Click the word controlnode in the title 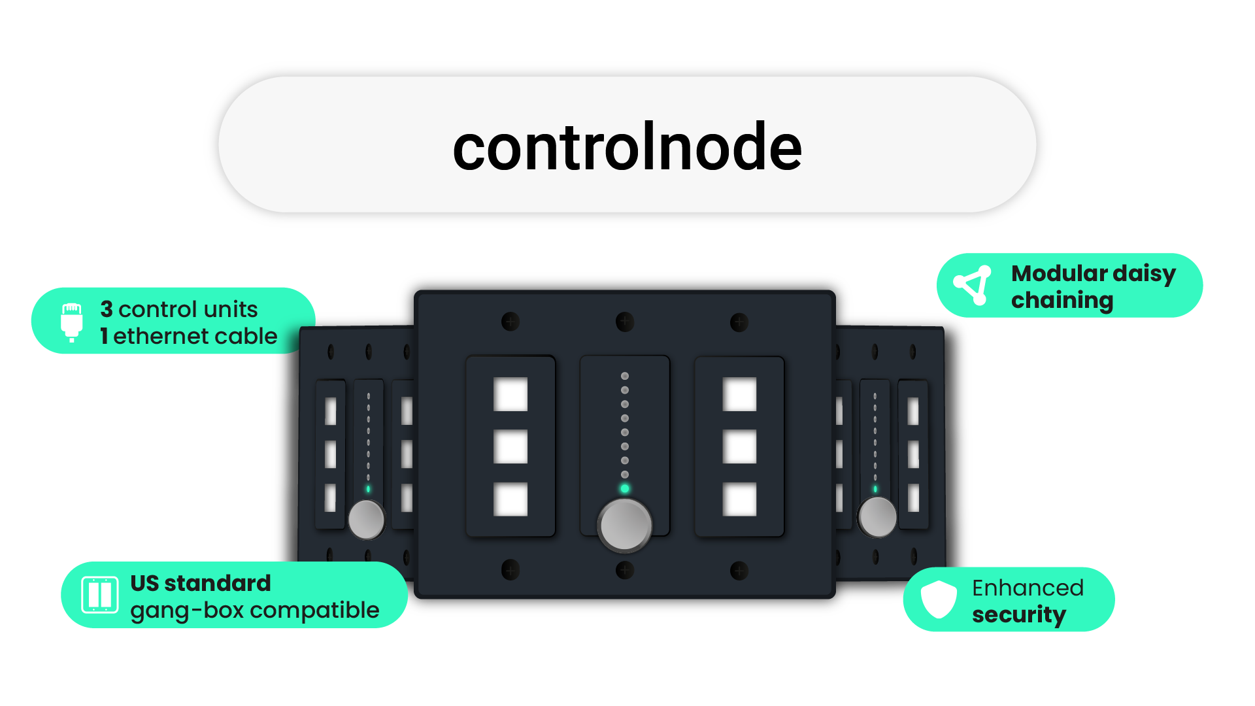[627, 147]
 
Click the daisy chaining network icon [973, 285]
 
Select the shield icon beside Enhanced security [939, 599]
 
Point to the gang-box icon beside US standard [100, 595]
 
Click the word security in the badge [1018, 614]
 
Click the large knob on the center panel [625, 525]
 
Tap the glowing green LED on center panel [625, 488]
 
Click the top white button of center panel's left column [510, 394]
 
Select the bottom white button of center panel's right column [739, 499]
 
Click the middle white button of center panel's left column [510, 446]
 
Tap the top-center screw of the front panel [625, 322]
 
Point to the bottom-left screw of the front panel [510, 570]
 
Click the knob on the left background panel [366, 519]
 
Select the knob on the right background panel [877, 517]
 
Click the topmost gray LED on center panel [625, 376]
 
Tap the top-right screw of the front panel [739, 322]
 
